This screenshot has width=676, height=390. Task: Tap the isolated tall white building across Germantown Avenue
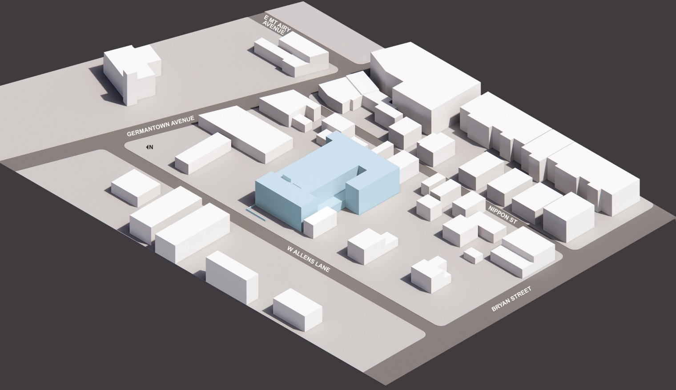coord(131,76)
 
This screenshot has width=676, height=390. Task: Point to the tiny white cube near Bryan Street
coord(472,255)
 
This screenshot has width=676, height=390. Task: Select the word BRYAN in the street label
coord(501,307)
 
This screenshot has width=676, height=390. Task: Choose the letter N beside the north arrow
coord(151,147)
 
